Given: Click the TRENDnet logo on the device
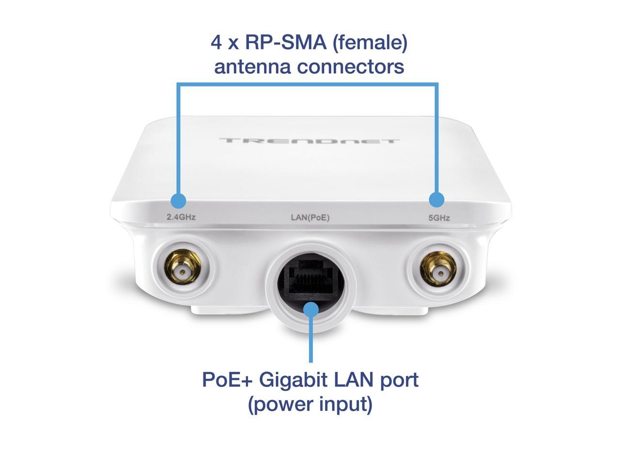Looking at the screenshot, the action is (x=310, y=141).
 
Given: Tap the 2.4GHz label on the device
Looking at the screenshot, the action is (x=181, y=217).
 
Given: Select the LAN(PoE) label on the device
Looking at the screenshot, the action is (x=310, y=217).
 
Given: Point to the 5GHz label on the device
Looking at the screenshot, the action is (x=439, y=218).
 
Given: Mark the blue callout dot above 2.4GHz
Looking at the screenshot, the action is (x=178, y=200).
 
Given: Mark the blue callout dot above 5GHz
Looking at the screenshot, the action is (x=437, y=199).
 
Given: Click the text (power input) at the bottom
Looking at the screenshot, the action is (x=310, y=403).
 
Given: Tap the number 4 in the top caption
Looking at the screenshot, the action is (x=217, y=43).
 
